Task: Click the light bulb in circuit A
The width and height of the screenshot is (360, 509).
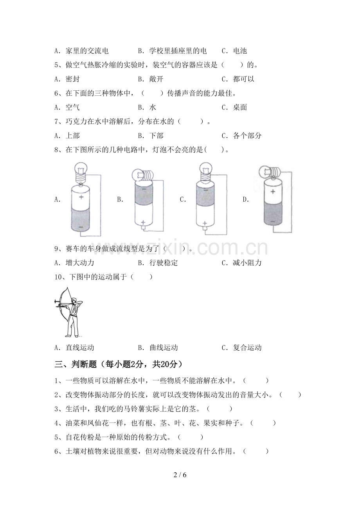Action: [x=81, y=172]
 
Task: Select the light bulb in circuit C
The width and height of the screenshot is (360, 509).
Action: [x=205, y=172]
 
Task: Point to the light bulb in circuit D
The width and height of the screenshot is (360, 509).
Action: [x=269, y=172]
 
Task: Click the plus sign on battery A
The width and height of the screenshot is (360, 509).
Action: [x=81, y=197]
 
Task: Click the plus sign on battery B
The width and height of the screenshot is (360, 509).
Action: [x=143, y=222]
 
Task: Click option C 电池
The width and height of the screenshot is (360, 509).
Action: [x=234, y=51]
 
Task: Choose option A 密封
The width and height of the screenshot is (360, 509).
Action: [x=67, y=79]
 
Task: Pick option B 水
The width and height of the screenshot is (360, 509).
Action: [x=147, y=107]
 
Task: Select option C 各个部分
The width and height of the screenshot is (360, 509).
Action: [x=241, y=136]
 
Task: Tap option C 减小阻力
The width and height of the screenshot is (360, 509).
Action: [x=241, y=263]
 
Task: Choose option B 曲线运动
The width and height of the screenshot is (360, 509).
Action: [x=158, y=348]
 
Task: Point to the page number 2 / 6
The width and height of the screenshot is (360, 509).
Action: [x=180, y=475]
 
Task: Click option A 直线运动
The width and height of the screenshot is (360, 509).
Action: [x=74, y=348]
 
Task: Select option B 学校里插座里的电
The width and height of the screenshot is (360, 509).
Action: [x=172, y=51]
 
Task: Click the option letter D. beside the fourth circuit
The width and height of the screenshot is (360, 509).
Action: [x=246, y=199]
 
